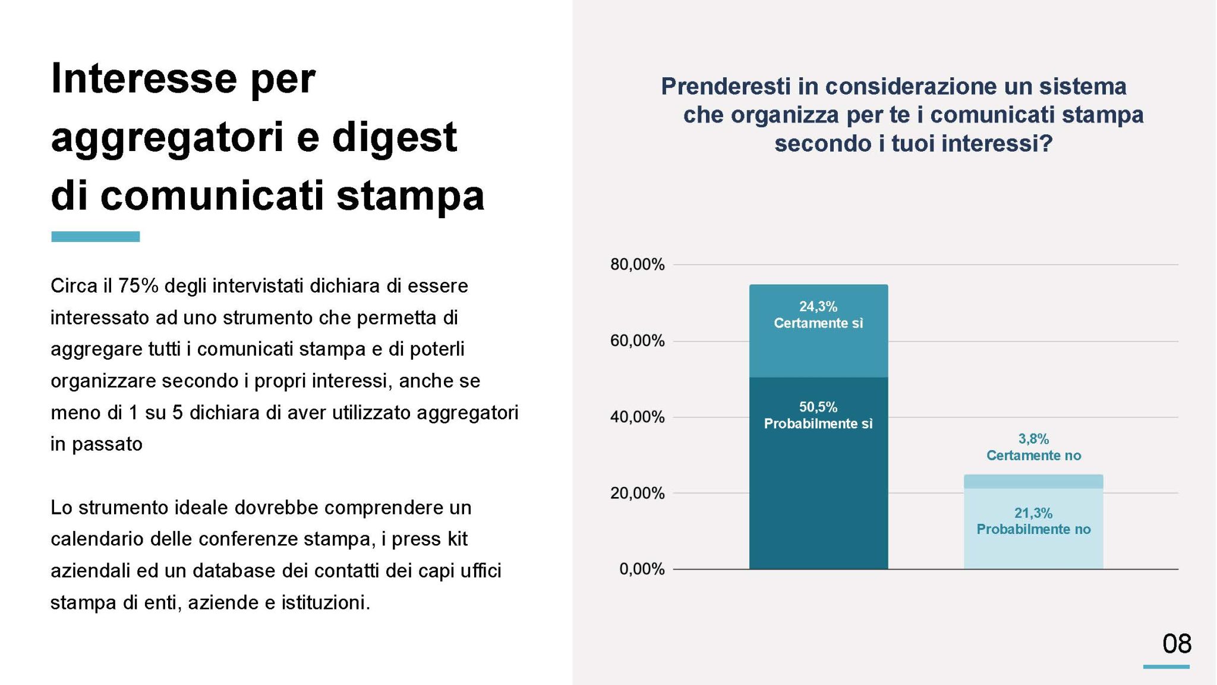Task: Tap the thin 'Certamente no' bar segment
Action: pyautogui.click(x=1033, y=481)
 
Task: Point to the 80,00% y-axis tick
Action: pyautogui.click(x=637, y=265)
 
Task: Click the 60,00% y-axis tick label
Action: pyautogui.click(x=637, y=341)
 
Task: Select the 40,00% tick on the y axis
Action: pyautogui.click(x=637, y=417)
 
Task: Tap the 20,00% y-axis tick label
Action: pyautogui.click(x=637, y=494)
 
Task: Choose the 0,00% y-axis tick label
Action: pyautogui.click(x=642, y=570)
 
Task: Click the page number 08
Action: pyautogui.click(x=1177, y=644)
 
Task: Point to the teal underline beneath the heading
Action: pyautogui.click(x=95, y=237)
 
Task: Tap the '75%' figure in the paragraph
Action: pyautogui.click(x=138, y=286)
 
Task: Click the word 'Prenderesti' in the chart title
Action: pyautogui.click(x=726, y=87)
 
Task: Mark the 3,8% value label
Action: pyautogui.click(x=1033, y=439)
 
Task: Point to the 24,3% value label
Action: pyautogui.click(x=818, y=307)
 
